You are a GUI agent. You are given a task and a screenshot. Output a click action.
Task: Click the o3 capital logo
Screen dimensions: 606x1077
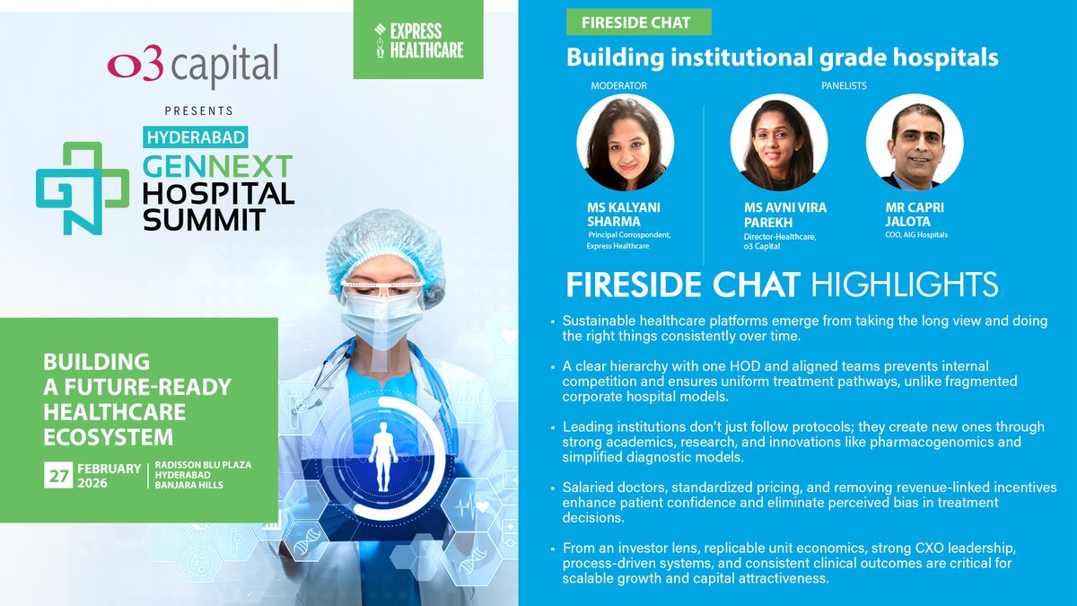[x=192, y=66]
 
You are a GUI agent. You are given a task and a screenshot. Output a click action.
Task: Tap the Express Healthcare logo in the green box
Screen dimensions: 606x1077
[x=419, y=40]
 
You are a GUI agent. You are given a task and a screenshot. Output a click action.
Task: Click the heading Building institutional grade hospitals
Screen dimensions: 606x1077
[x=782, y=57]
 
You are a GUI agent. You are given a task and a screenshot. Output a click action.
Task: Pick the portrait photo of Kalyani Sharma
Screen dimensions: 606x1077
[x=625, y=143]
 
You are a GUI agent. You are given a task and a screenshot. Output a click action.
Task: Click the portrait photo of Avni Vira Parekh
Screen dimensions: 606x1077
[x=778, y=143]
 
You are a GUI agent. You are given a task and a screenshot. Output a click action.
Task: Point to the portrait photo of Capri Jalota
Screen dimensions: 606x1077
[x=914, y=143]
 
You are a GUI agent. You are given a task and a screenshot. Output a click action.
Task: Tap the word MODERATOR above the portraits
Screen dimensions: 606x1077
[x=618, y=86]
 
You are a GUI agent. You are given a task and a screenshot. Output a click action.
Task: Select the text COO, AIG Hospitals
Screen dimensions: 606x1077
[x=915, y=235]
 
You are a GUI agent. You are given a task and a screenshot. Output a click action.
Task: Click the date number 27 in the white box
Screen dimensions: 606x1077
[x=58, y=476]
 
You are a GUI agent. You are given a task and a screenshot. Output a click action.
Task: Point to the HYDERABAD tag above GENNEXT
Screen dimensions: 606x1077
[x=195, y=137]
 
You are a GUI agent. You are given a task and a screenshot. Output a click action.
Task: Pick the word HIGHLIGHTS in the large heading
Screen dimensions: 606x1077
[x=904, y=285]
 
